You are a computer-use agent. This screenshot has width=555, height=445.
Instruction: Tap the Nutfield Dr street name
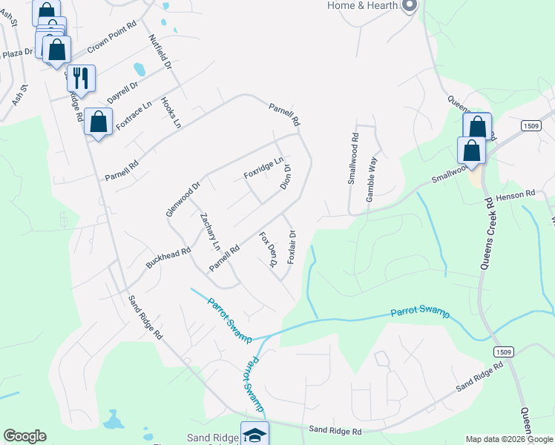(160, 53)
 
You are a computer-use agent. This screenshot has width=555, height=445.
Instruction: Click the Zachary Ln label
(210, 231)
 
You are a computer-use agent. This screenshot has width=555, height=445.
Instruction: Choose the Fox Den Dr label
(268, 249)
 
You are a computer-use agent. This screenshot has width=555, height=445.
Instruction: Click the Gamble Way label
(372, 171)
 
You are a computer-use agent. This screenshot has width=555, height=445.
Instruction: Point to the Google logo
(24, 436)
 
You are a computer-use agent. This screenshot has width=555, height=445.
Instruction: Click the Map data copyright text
(509, 439)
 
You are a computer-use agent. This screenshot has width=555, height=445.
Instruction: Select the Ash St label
(20, 96)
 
